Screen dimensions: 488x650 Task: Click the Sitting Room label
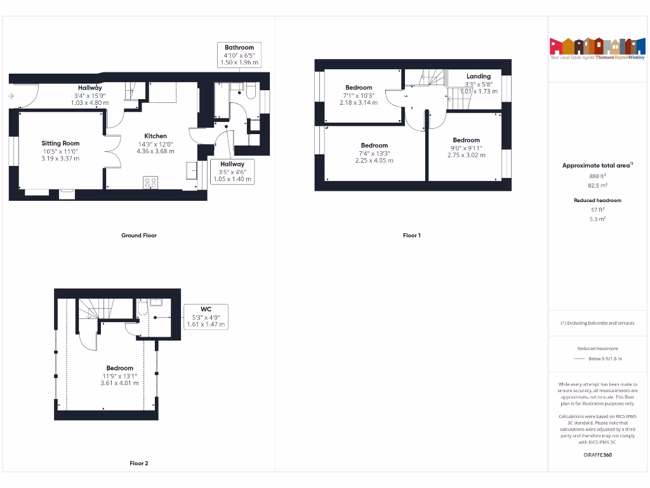(x=61, y=143)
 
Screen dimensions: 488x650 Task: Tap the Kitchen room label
(x=156, y=136)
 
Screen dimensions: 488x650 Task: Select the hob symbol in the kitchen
(x=150, y=182)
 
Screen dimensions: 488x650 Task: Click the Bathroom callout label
(x=239, y=47)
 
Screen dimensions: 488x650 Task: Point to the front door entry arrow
(x=12, y=97)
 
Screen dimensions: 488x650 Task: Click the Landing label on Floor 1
(x=479, y=76)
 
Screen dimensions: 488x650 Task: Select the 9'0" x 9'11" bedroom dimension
(x=466, y=147)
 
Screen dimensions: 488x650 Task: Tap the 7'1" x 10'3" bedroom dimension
(x=359, y=95)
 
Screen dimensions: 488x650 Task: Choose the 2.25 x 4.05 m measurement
(x=374, y=161)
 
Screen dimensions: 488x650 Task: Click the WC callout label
(x=206, y=309)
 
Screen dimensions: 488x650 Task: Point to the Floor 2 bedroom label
(x=119, y=368)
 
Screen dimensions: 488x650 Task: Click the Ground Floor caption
(x=139, y=235)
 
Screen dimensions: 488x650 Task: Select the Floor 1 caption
(x=411, y=235)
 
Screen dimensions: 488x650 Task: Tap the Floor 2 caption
(x=139, y=463)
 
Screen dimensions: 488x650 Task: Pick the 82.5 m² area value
(x=597, y=186)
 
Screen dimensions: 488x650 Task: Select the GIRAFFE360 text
(x=597, y=455)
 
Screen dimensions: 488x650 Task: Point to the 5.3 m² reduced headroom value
(x=597, y=219)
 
